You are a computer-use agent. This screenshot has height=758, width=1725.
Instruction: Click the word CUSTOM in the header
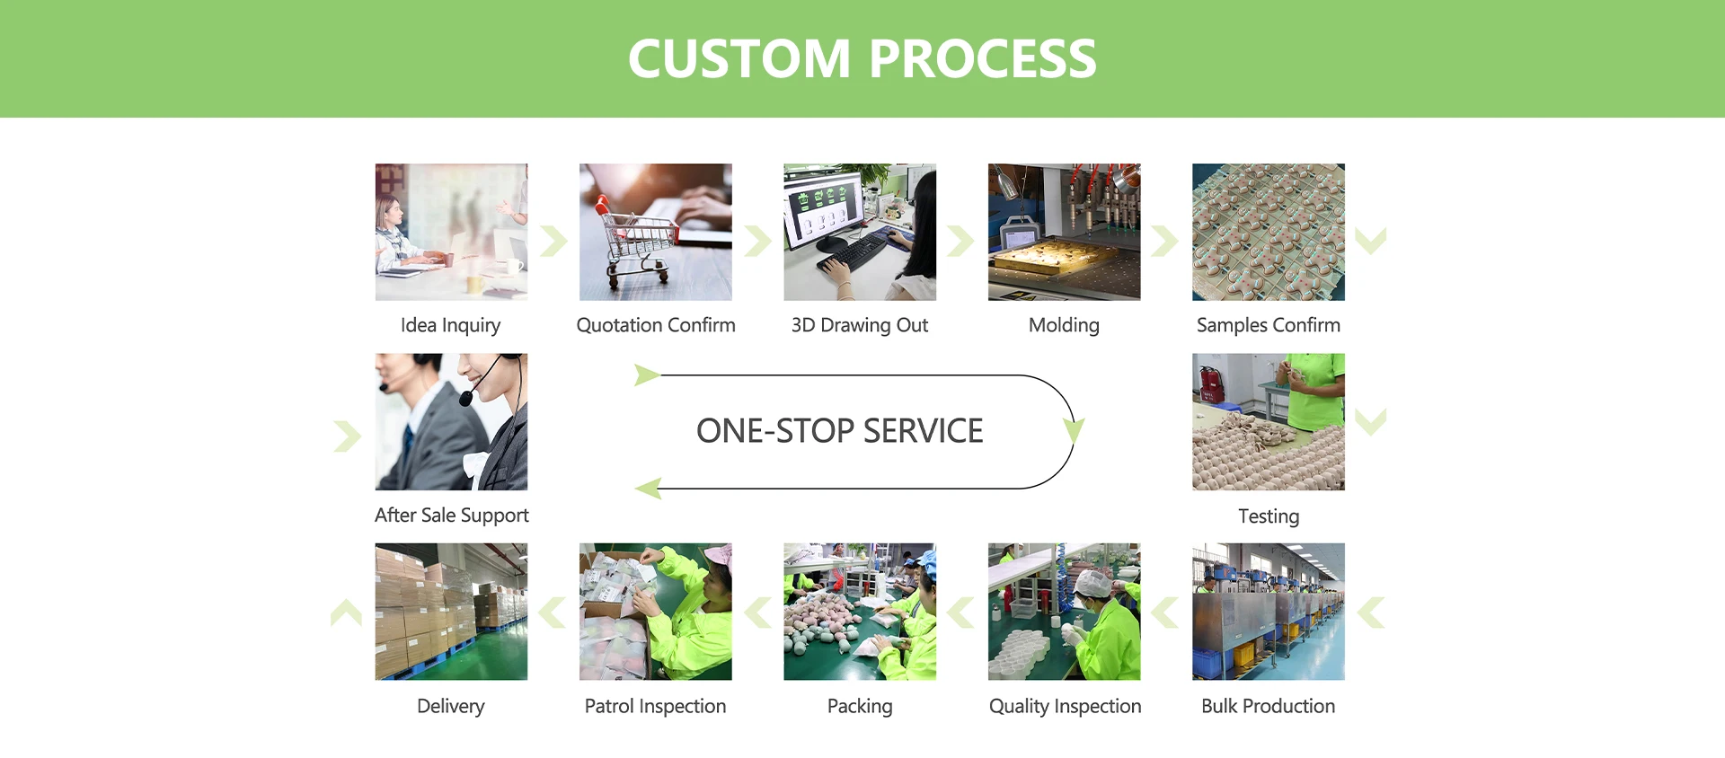click(x=739, y=59)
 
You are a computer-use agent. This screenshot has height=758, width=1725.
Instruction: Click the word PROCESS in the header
click(x=982, y=59)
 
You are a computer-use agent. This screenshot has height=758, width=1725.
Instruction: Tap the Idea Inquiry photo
click(x=451, y=232)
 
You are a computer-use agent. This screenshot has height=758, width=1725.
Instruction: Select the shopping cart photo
click(x=655, y=232)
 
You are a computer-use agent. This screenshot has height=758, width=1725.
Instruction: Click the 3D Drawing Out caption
click(x=859, y=325)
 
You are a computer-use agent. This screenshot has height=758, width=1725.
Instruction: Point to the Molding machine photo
click(x=1064, y=232)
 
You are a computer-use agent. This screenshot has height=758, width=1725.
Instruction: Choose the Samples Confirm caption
click(x=1268, y=325)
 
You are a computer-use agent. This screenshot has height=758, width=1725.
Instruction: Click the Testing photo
click(x=1268, y=421)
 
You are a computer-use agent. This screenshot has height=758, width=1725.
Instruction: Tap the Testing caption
click(x=1268, y=516)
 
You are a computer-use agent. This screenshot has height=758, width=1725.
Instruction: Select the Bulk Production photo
click(x=1268, y=611)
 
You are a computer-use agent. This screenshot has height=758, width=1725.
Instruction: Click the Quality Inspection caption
click(x=1065, y=706)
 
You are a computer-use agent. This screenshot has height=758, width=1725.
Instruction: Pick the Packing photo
click(x=859, y=611)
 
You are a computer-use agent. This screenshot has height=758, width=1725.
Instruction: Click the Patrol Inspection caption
click(x=655, y=706)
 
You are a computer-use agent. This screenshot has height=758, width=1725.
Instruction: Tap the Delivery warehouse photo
click(x=451, y=611)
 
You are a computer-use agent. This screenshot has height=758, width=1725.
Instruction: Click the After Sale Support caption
click(x=451, y=516)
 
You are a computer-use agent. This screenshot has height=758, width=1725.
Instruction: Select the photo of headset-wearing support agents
click(x=451, y=421)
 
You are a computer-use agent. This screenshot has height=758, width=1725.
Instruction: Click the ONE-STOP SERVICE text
click(x=839, y=431)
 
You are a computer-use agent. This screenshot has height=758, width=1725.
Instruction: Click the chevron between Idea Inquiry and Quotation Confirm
click(x=553, y=241)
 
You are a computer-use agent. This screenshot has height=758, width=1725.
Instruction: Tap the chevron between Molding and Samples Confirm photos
click(x=1164, y=241)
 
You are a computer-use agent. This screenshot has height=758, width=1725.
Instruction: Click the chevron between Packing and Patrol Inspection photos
click(x=757, y=613)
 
